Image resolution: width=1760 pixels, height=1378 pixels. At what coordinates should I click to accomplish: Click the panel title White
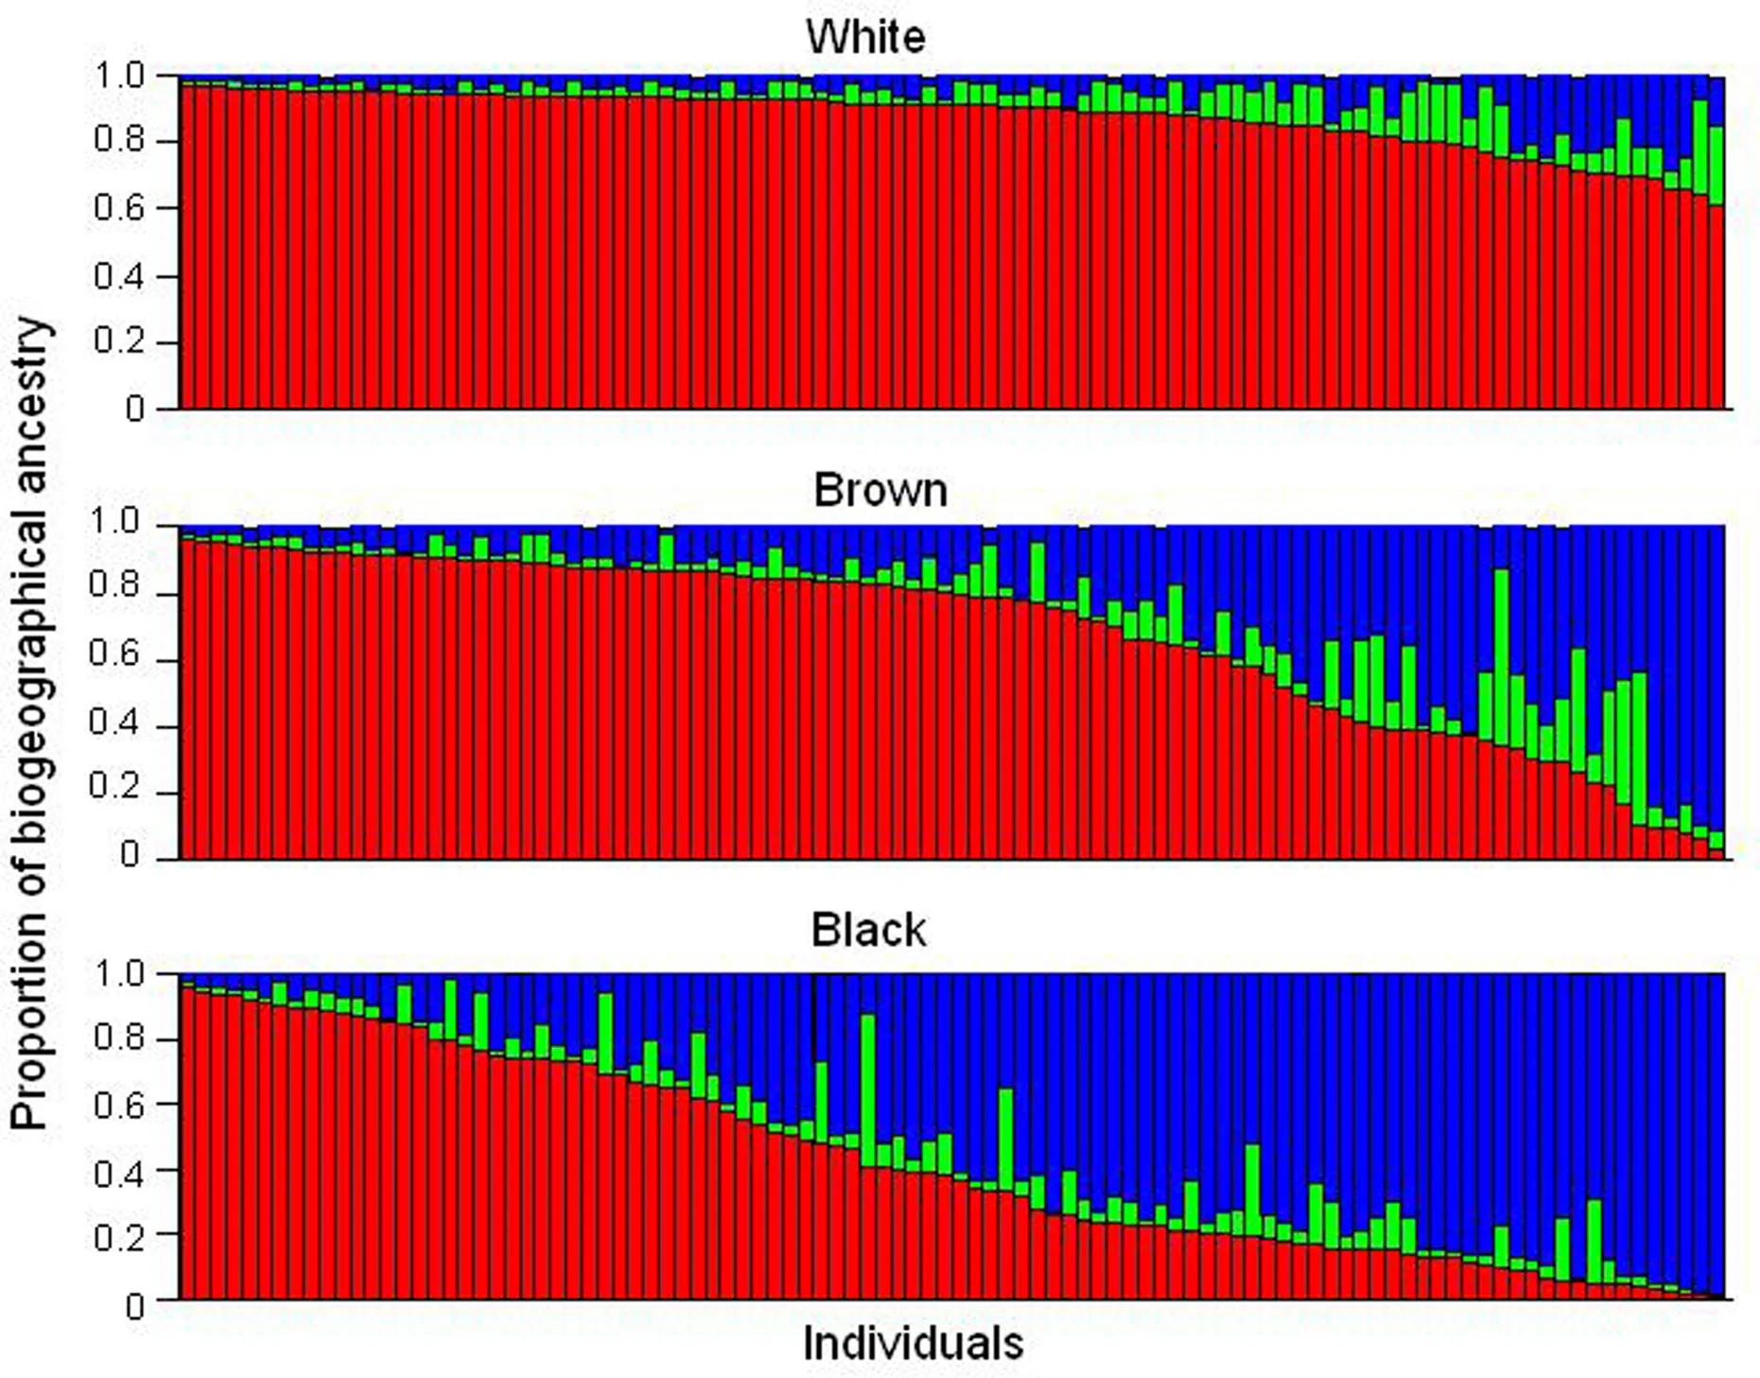[x=865, y=37]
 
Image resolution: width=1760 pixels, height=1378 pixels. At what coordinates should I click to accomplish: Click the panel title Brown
[x=880, y=490]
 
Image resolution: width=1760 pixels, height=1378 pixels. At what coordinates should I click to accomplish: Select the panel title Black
[x=868, y=931]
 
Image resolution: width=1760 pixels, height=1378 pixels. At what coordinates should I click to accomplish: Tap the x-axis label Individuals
[x=913, y=1343]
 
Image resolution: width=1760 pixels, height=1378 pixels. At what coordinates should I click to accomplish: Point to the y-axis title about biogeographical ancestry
[x=30, y=724]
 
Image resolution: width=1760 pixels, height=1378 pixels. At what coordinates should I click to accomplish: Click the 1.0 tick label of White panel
[x=119, y=76]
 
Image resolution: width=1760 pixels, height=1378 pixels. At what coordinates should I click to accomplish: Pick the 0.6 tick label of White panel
[x=119, y=208]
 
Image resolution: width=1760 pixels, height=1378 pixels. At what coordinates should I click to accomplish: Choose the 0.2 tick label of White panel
[x=119, y=341]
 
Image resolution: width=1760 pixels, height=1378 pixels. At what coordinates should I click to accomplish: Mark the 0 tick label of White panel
[x=135, y=410]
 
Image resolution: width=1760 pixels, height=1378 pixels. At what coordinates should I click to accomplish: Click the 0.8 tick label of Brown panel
[x=115, y=586]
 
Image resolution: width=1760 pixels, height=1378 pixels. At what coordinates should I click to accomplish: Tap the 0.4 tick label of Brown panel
[x=115, y=724]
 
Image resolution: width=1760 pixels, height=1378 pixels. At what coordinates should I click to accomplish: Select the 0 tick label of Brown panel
[x=131, y=856]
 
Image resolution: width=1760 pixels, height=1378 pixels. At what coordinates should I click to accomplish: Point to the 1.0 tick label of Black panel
[x=119, y=973]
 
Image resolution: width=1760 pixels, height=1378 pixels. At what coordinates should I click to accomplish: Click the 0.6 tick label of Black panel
[x=119, y=1105]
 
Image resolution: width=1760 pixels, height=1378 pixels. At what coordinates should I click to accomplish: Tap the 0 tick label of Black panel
[x=135, y=1306]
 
